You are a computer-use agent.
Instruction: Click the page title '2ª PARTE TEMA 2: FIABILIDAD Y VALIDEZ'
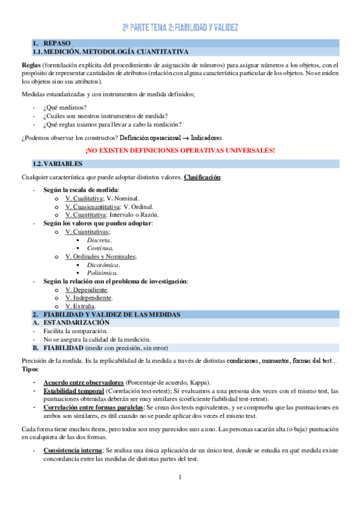tap(180, 28)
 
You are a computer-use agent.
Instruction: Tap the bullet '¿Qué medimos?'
tap(65, 107)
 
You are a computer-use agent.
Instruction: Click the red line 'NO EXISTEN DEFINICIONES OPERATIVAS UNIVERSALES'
tap(180, 150)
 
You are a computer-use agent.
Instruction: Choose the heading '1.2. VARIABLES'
tap(58, 164)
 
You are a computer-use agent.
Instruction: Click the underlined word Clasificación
tap(202, 177)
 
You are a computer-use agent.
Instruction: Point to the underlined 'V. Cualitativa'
tap(84, 198)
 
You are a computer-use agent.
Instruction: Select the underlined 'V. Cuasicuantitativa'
tap(92, 206)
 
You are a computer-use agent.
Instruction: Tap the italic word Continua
tap(100, 248)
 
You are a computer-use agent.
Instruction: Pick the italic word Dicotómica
tap(103, 265)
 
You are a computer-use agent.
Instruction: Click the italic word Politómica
tap(102, 273)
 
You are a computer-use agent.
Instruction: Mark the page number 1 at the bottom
tap(180, 478)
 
